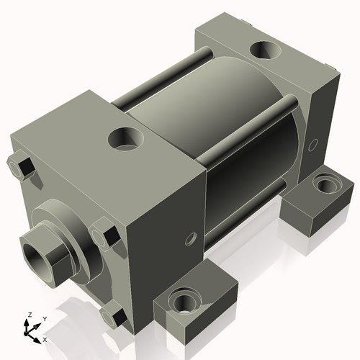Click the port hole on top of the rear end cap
click(x=264, y=51)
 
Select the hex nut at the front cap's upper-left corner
click(x=21, y=168)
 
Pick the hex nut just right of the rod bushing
click(x=104, y=235)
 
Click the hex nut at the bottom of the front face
click(x=112, y=314)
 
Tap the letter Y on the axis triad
click(x=44, y=318)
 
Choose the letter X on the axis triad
click(x=45, y=338)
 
